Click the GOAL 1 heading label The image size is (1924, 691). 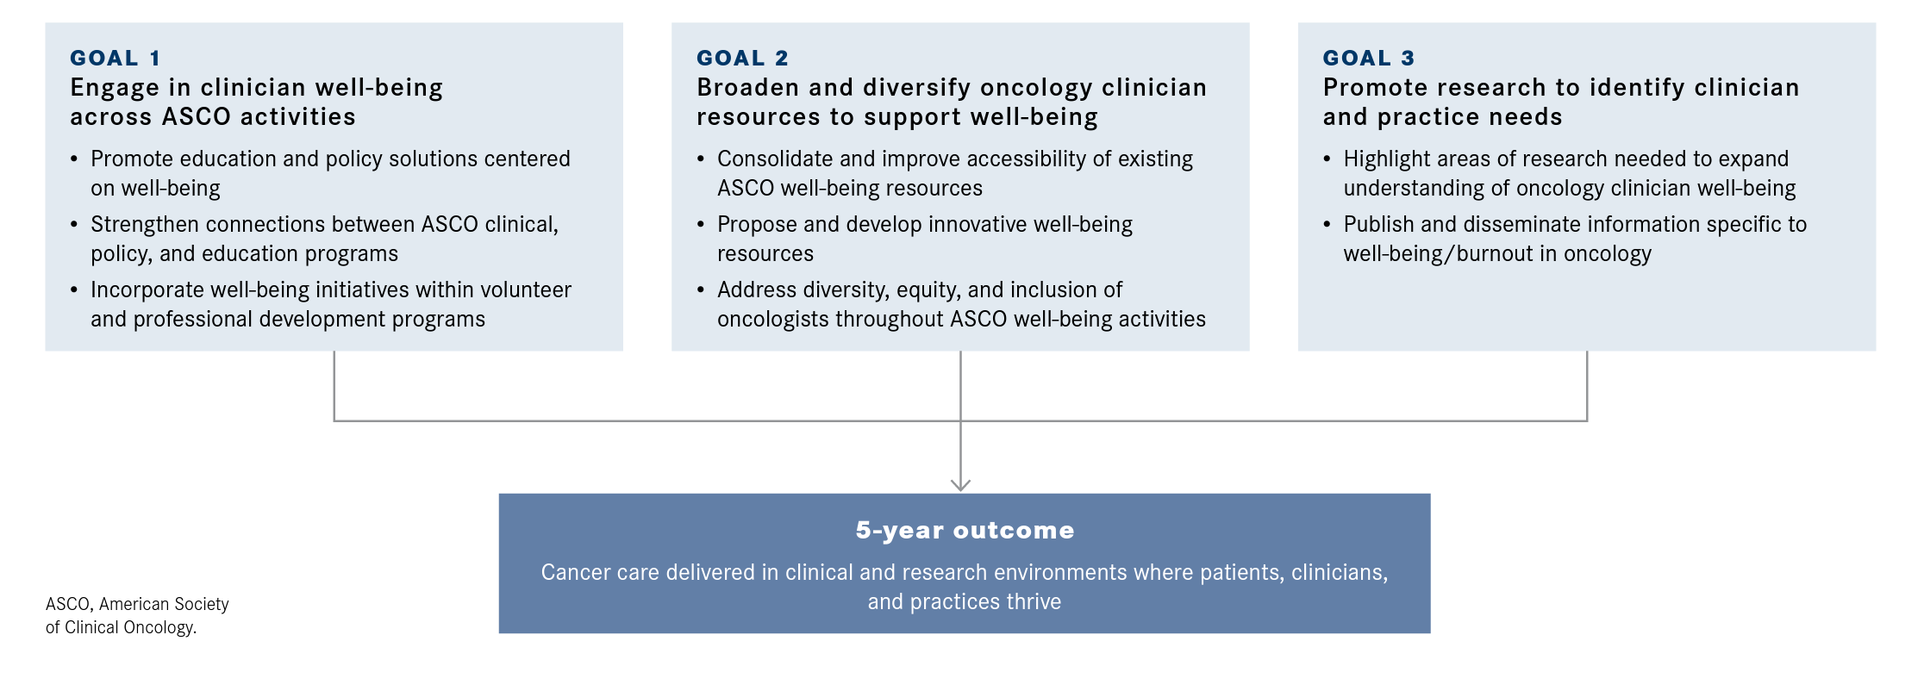click(x=115, y=58)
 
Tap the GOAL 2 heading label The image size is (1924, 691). click(x=742, y=58)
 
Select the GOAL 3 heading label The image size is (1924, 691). click(x=1369, y=58)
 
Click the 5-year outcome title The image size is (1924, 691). click(x=965, y=530)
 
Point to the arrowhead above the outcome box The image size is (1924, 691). click(x=960, y=485)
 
